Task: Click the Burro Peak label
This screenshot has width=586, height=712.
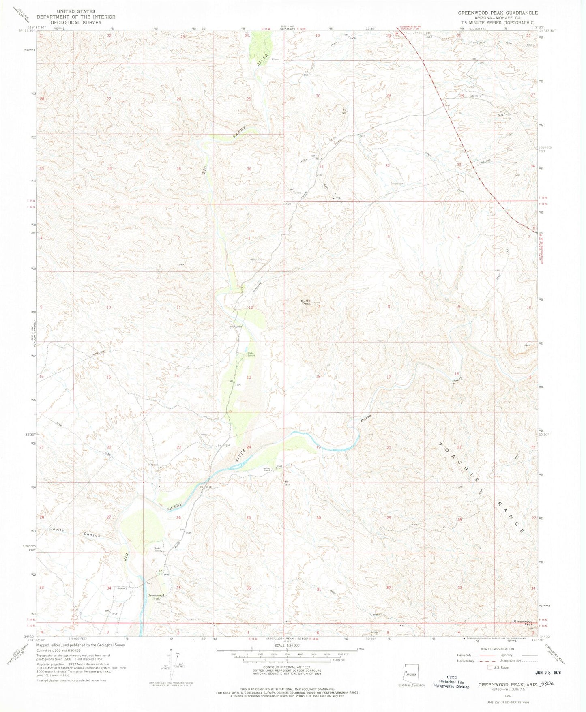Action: point(305,302)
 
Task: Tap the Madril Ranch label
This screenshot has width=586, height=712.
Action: point(158,550)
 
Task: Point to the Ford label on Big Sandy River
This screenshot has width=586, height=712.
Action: point(150,584)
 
